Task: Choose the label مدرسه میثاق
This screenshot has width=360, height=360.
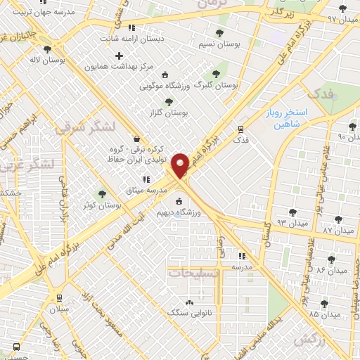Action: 166,191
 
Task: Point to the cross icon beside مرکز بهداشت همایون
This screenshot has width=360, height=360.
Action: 119,56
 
